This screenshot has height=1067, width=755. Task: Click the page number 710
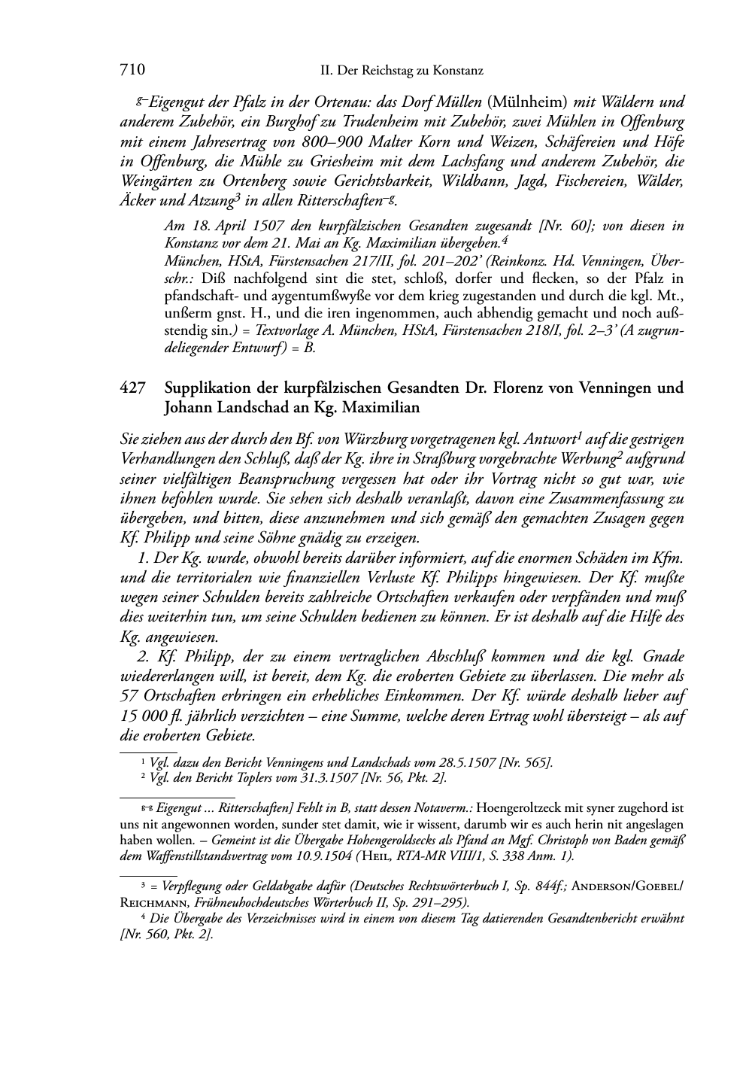[x=132, y=70]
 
